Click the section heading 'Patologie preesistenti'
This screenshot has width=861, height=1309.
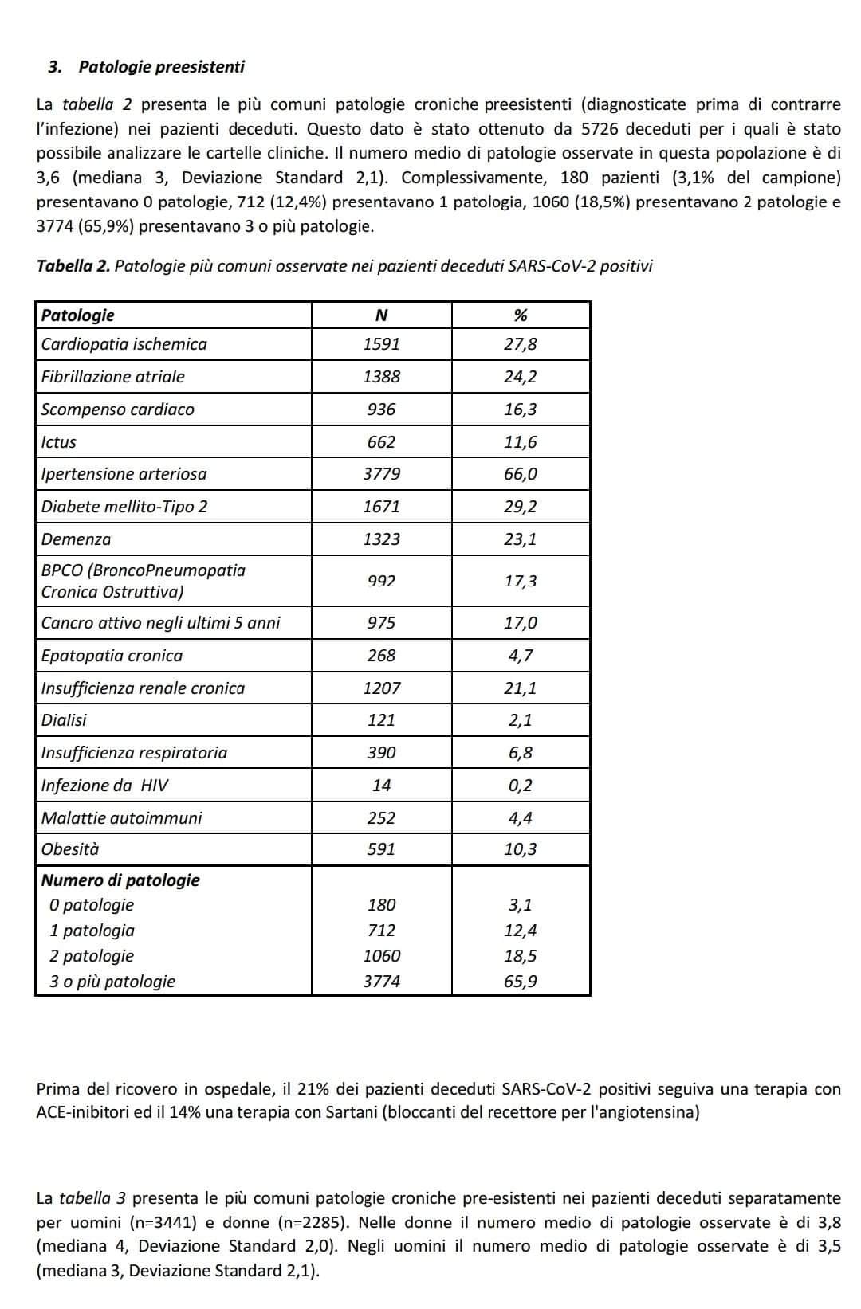coord(161,67)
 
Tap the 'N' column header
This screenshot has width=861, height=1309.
coord(381,315)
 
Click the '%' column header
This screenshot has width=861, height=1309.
coord(521,315)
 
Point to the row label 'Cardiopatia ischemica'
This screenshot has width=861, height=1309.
coord(124,344)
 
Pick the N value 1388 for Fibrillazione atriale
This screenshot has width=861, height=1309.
coord(381,377)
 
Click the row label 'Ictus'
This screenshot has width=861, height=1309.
coord(59,442)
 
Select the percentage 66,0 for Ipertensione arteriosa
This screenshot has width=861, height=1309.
coord(521,474)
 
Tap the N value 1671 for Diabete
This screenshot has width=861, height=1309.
coord(381,507)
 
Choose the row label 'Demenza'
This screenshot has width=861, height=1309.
coord(76,539)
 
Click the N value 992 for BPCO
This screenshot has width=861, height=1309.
coord(381,581)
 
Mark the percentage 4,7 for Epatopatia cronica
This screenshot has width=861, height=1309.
coord(521,656)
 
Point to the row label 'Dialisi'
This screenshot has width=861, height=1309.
coord(64,720)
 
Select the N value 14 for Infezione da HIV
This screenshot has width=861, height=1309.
coord(381,786)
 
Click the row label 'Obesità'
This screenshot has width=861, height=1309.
coord(70,849)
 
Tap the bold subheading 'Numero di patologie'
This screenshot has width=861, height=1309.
coord(120,880)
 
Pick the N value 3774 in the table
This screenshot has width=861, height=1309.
coord(381,982)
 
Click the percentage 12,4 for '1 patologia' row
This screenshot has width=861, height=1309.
coord(521,931)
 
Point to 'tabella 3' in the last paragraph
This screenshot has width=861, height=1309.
coord(92,1198)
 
